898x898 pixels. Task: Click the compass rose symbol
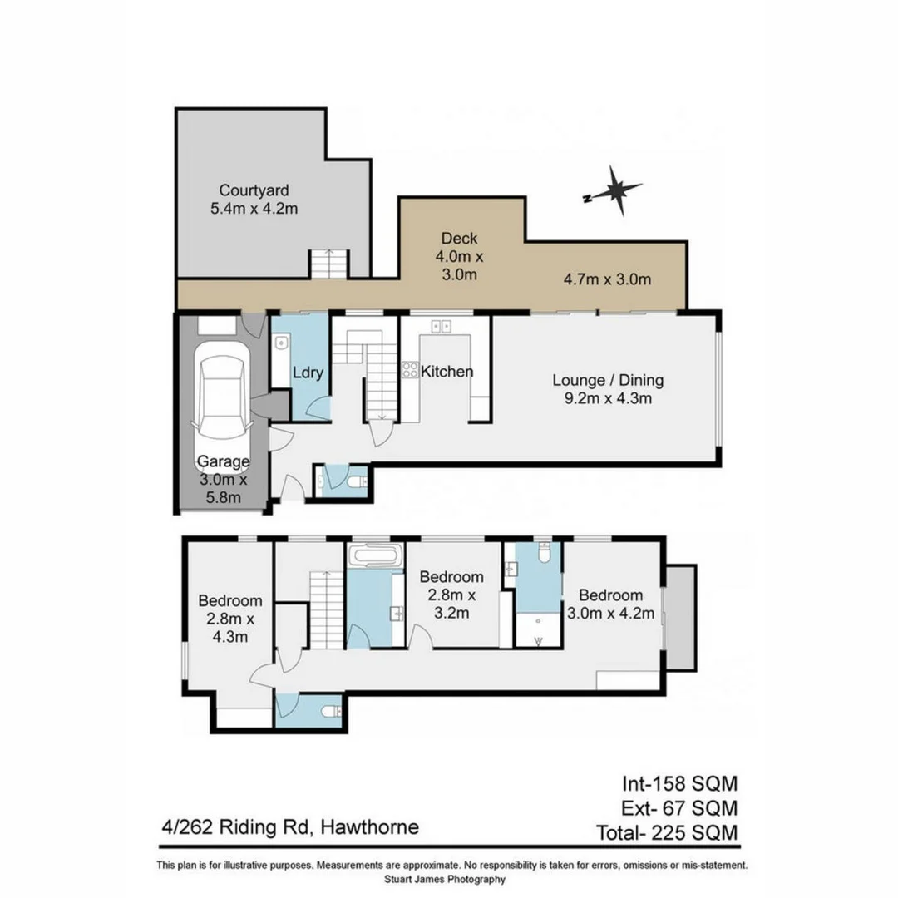[615, 190]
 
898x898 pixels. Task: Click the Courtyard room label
[254, 190]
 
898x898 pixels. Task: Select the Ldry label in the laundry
[307, 373]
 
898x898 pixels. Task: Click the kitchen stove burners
[410, 370]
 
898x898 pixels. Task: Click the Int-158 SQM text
[679, 782]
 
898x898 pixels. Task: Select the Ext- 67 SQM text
[679, 807]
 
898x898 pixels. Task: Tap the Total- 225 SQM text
[667, 832]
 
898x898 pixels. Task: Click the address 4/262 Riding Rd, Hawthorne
[291, 827]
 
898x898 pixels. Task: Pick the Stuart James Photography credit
[445, 879]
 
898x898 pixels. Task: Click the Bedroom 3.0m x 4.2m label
[611, 604]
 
